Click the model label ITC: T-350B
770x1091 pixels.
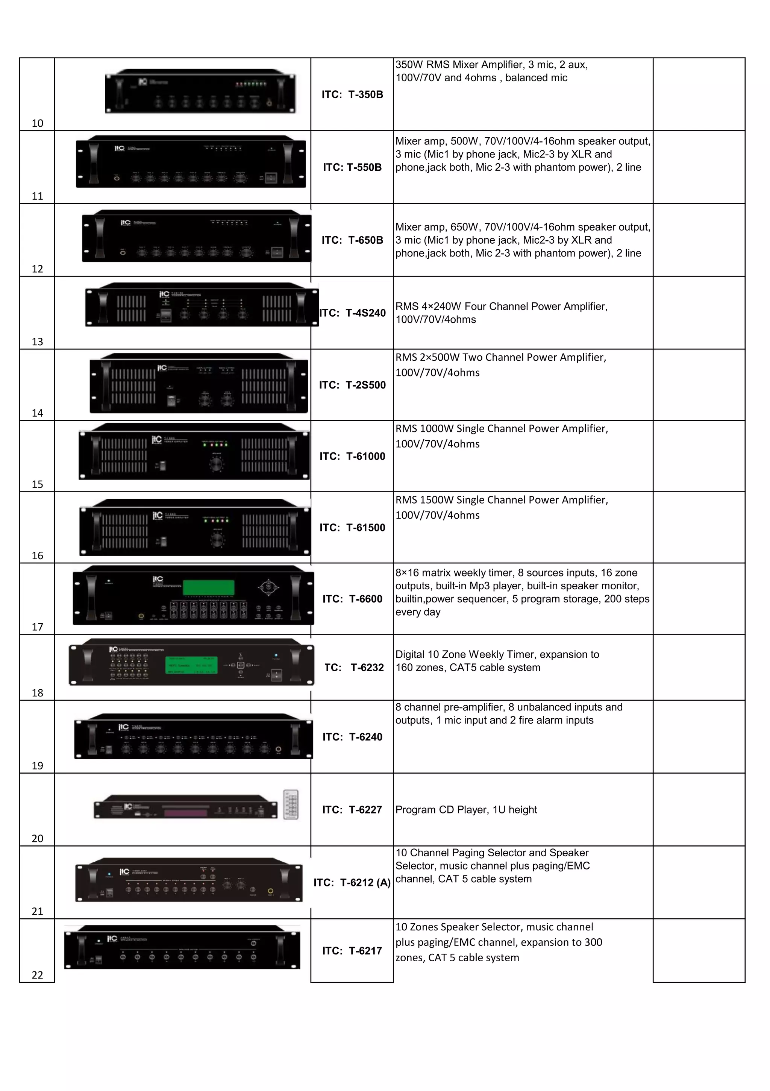pyautogui.click(x=352, y=94)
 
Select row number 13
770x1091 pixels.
pyautogui.click(x=37, y=341)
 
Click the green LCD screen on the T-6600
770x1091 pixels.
pyautogui.click(x=209, y=587)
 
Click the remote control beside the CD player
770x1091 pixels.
pyautogui.click(x=291, y=804)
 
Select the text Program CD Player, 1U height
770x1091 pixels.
pyautogui.click(x=465, y=810)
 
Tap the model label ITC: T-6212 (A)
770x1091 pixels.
pyautogui.click(x=352, y=882)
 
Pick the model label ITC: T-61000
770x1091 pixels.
pyautogui.click(x=352, y=456)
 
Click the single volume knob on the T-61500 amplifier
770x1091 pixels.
pyautogui.click(x=217, y=539)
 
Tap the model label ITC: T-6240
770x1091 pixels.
pyautogui.click(x=352, y=737)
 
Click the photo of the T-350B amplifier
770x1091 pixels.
pyautogui.click(x=200, y=92)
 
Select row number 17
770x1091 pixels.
pyautogui.click(x=37, y=627)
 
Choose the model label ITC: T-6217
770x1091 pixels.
pyautogui.click(x=352, y=951)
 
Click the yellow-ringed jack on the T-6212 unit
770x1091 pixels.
pyautogui.click(x=271, y=891)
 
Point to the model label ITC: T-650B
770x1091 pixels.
pyautogui.click(x=352, y=240)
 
